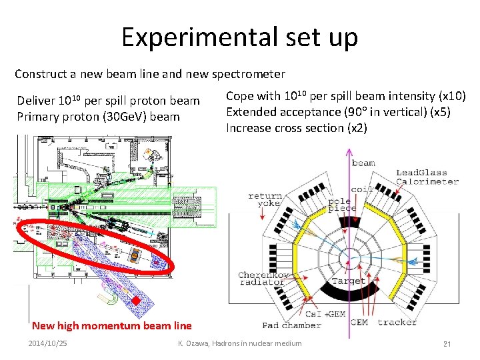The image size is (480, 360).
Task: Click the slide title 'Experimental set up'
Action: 239,37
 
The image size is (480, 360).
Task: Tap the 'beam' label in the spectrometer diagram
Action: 363,163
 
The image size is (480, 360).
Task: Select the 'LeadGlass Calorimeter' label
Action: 427,177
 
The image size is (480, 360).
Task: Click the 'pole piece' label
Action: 341,205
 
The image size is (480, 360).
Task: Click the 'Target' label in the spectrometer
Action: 347,281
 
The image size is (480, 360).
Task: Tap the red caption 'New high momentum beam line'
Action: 111,326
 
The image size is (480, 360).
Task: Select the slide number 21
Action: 447,343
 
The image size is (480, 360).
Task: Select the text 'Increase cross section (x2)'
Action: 296,128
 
